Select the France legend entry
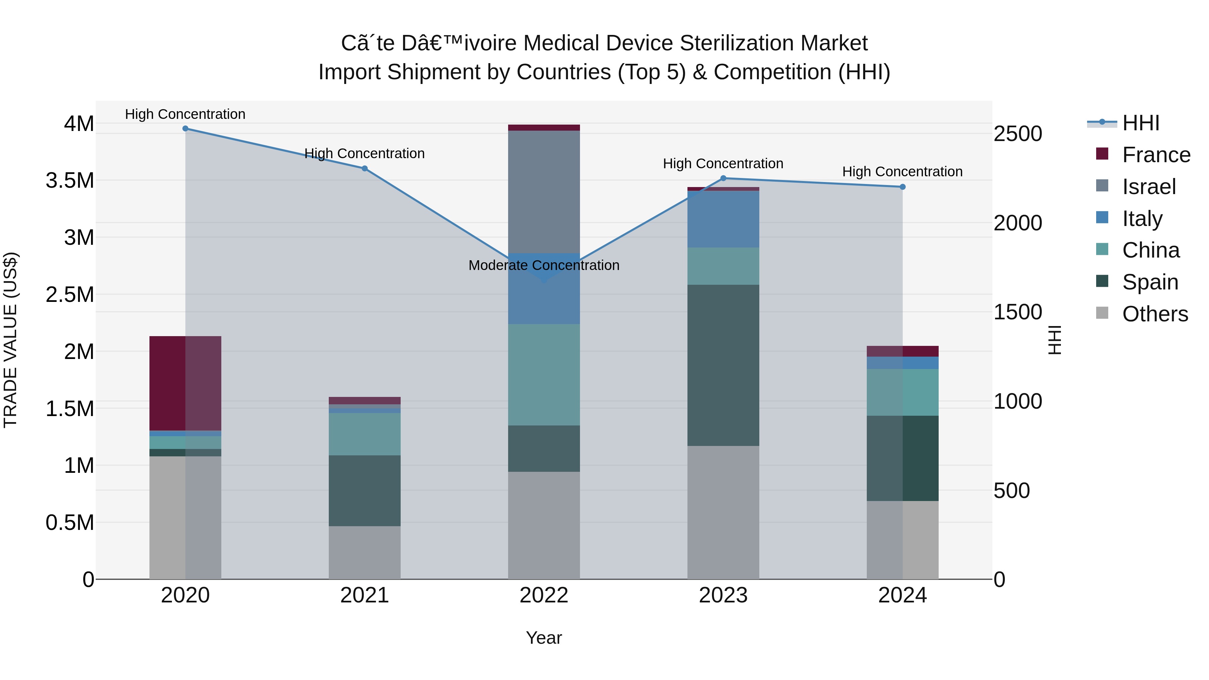(x=1156, y=155)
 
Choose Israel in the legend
(x=1149, y=187)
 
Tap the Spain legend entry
(x=1150, y=282)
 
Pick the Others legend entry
(x=1155, y=314)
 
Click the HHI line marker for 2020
(x=185, y=129)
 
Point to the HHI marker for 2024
(x=902, y=187)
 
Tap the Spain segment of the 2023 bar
(x=723, y=365)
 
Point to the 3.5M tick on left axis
(x=70, y=180)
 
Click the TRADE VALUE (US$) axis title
(x=10, y=340)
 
